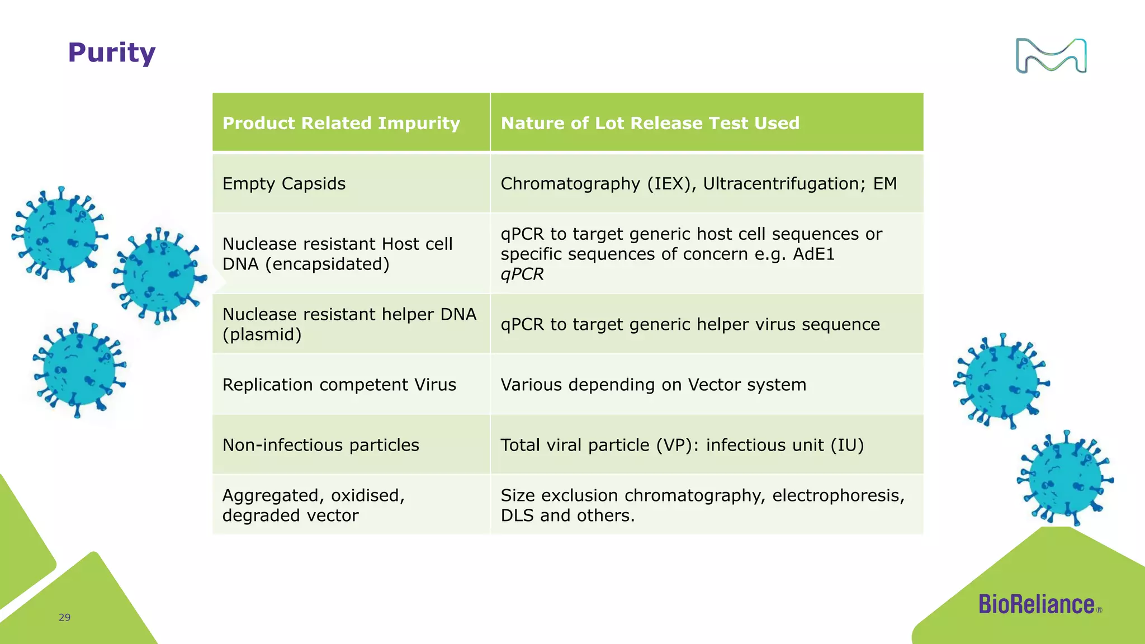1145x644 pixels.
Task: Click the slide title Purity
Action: pyautogui.click(x=111, y=53)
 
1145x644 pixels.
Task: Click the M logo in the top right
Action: pyautogui.click(x=1051, y=56)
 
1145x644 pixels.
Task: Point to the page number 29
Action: pyautogui.click(x=65, y=617)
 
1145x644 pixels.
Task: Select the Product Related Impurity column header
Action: pyautogui.click(x=341, y=123)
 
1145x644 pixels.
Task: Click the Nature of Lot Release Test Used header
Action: pyautogui.click(x=650, y=123)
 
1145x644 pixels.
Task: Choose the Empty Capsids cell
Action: pyautogui.click(x=284, y=184)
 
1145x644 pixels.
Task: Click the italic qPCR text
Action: pyautogui.click(x=522, y=274)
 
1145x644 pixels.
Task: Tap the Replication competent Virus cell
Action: pyautogui.click(x=339, y=385)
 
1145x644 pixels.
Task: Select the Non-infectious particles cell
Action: pyautogui.click(x=320, y=445)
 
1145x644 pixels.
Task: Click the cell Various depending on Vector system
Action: pyautogui.click(x=653, y=385)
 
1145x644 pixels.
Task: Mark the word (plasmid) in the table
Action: pyautogui.click(x=262, y=334)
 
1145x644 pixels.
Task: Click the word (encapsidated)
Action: pyautogui.click(x=327, y=264)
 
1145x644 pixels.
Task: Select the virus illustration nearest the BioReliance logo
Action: pyautogui.click(x=1065, y=478)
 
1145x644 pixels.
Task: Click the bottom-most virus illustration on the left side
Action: pyautogui.click(x=79, y=370)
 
